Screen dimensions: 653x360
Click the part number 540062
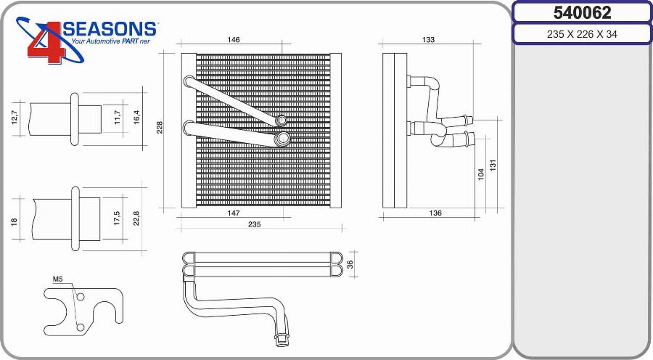[582, 12]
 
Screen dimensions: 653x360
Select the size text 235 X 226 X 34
[582, 34]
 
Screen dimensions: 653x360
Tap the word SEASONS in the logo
[110, 29]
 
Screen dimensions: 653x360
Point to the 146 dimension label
[234, 40]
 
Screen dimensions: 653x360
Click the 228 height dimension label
[160, 128]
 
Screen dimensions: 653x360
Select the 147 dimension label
[234, 213]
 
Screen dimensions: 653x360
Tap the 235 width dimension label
[255, 224]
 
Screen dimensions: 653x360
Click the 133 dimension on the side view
[428, 40]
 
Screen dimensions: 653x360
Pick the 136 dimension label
[435, 213]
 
